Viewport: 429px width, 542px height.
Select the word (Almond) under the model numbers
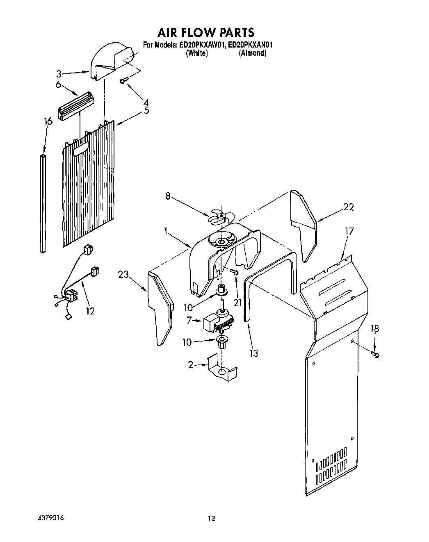coord(252,53)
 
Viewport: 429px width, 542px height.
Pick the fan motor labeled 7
coord(217,319)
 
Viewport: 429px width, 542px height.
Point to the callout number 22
coord(348,207)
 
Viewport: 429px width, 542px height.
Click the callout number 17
coord(349,232)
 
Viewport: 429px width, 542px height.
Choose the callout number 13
coord(253,353)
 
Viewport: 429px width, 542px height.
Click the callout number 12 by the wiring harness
coord(90,311)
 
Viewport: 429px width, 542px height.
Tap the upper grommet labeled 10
coord(221,289)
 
